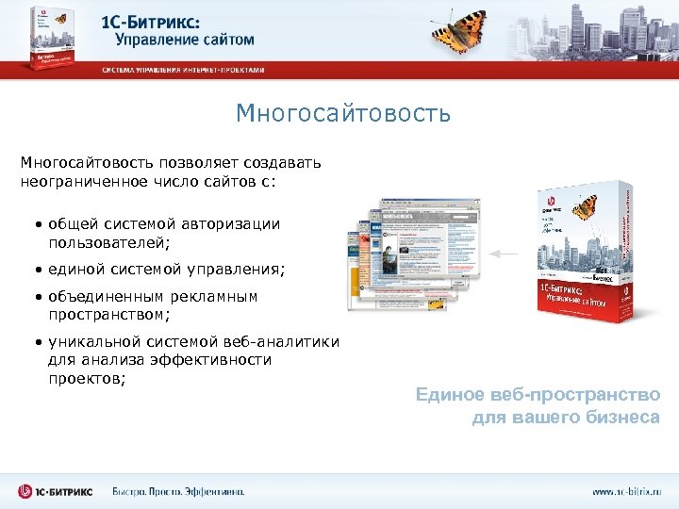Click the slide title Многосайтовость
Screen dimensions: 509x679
pos(343,115)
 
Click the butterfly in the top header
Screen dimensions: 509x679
pos(460,30)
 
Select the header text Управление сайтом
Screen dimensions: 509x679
pos(185,40)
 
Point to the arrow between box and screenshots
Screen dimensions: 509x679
pos(505,254)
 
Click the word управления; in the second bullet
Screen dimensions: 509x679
pos(229,270)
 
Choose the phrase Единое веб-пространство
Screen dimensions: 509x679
pos(538,395)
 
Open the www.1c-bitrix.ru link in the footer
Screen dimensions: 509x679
pos(626,491)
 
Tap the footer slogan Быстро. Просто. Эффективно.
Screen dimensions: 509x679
pos(178,491)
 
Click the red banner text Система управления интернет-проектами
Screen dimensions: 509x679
pos(184,70)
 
